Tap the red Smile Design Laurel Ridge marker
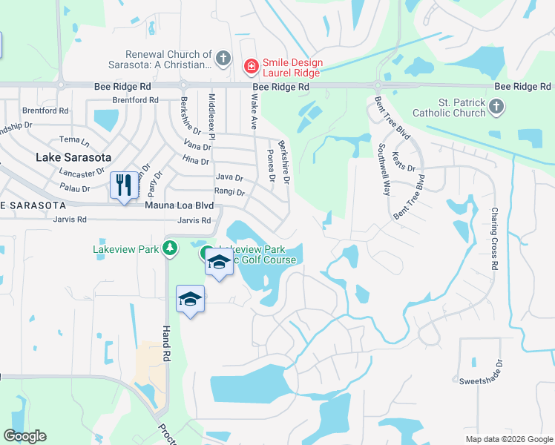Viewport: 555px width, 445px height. click(252, 67)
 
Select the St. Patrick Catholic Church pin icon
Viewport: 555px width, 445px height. click(496, 108)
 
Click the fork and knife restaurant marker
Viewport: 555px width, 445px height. click(124, 185)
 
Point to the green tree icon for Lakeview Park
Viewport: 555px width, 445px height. click(171, 248)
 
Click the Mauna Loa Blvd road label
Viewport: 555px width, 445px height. click(180, 205)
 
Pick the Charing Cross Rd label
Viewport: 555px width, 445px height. click(493, 238)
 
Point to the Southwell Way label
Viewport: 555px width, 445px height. click(384, 170)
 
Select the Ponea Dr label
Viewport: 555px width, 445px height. click(270, 166)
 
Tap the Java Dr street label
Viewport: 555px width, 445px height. click(229, 178)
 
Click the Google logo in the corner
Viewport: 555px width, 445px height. click(24, 436)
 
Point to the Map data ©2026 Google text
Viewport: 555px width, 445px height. click(508, 439)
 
